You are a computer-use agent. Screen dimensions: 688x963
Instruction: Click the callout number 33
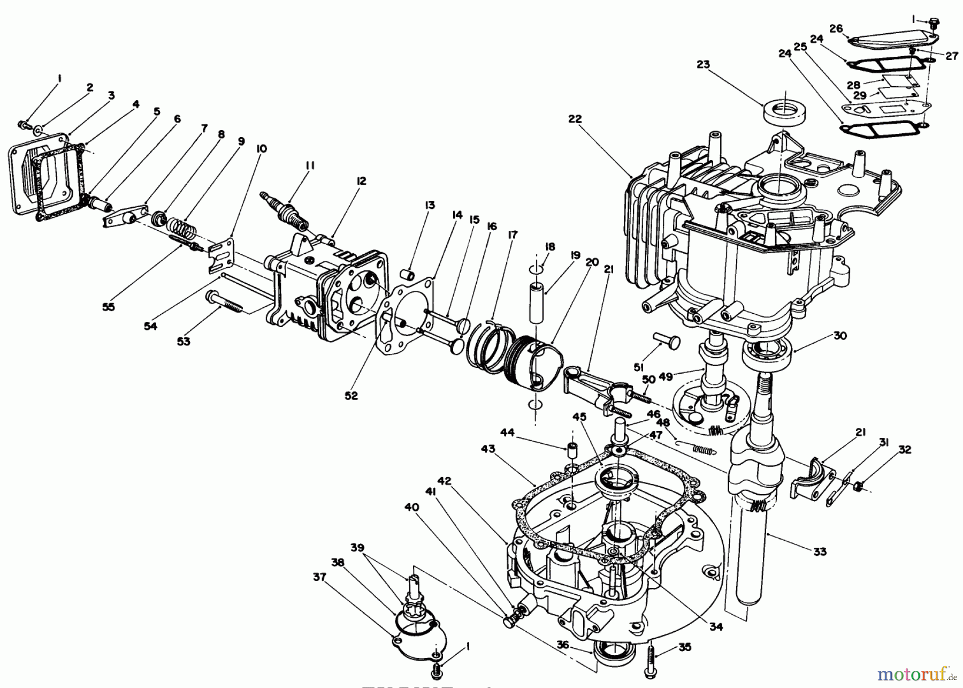(x=820, y=551)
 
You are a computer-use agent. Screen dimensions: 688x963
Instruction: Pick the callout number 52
(x=351, y=396)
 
